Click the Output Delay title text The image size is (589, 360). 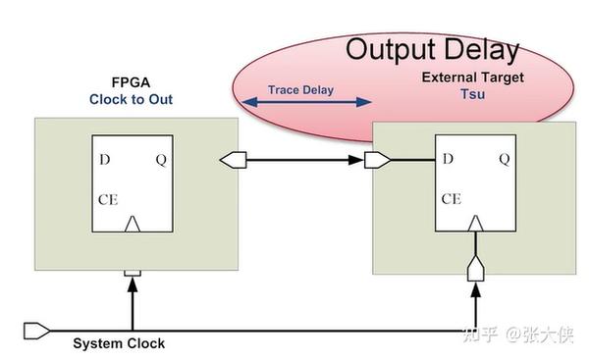click(431, 49)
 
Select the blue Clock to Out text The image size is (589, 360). click(130, 99)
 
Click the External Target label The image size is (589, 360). click(473, 77)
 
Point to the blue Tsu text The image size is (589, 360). click(473, 95)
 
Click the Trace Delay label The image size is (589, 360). click(301, 90)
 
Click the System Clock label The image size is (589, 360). click(119, 343)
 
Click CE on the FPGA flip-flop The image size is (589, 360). click(109, 200)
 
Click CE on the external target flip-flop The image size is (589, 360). click(452, 198)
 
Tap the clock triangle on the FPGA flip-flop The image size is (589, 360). click(133, 226)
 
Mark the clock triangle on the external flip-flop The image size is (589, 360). click(475, 225)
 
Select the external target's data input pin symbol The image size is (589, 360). click(377, 159)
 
